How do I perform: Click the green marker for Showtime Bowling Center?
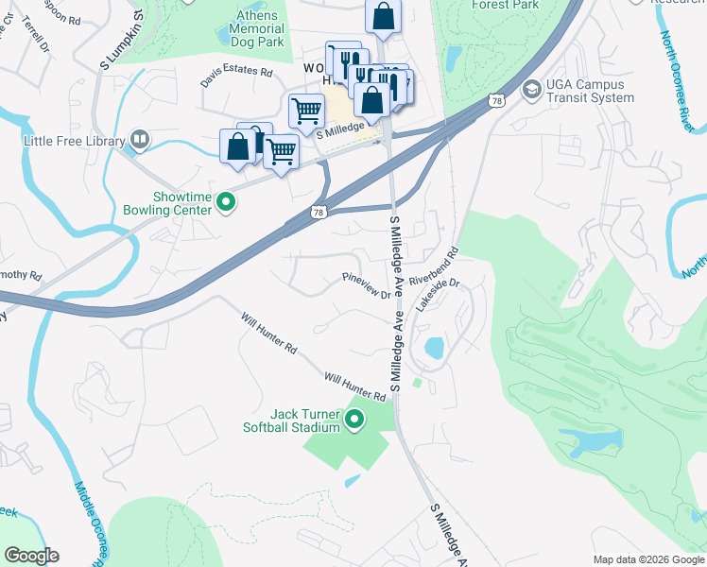[226, 201]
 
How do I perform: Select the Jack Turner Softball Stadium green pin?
[355, 420]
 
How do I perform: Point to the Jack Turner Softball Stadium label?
[304, 421]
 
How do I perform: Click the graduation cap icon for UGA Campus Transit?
[531, 88]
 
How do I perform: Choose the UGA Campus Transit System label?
[591, 91]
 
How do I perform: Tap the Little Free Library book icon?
[140, 141]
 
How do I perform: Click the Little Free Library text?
[75, 142]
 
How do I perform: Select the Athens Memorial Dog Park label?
[255, 28]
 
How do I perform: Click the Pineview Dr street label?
[367, 286]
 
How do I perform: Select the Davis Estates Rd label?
[236, 77]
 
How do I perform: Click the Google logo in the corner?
[30, 556]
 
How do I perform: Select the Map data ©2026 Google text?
[648, 559]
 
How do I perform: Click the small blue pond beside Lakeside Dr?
[434, 347]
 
